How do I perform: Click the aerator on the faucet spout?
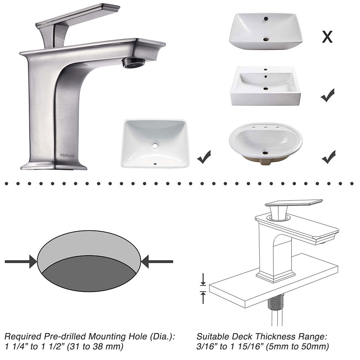134,63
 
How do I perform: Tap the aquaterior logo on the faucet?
69,156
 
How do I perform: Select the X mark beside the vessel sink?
327,37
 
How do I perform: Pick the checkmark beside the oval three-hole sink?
329,157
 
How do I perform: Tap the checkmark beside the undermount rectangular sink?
204,157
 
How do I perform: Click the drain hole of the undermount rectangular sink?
156,145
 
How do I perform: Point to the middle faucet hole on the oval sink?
266,127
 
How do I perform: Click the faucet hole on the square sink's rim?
266,69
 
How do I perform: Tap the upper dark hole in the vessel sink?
266,19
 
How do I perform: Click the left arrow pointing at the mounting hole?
21,261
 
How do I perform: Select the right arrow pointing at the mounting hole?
157,261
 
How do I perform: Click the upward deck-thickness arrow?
203,297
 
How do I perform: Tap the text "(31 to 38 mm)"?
95,346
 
